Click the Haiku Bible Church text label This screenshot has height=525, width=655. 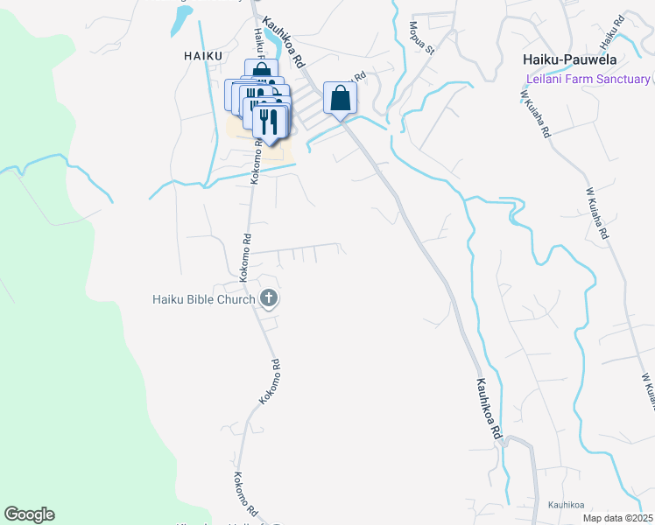(201, 299)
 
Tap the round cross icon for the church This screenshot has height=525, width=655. (269, 299)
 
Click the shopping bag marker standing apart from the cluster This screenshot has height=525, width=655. (341, 99)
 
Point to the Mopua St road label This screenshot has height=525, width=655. (419, 38)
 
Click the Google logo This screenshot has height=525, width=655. (28, 514)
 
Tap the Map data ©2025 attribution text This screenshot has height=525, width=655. (617, 518)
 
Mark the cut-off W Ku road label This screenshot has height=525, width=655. (648, 390)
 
